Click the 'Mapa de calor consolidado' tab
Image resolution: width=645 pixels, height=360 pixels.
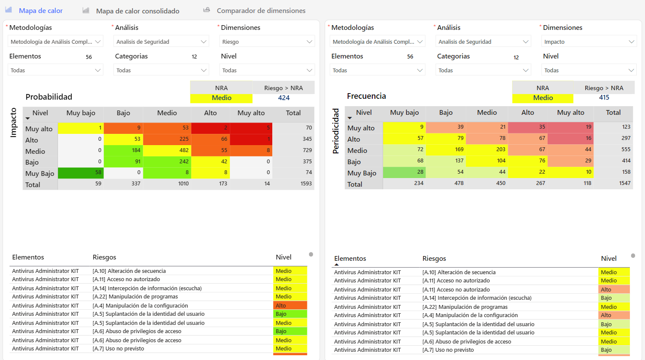pos(137,11)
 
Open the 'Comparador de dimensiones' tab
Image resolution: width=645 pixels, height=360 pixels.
pos(261,10)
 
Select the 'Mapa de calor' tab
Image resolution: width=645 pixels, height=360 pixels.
pos(40,10)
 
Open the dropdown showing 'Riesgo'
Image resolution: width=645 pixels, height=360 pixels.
pos(267,42)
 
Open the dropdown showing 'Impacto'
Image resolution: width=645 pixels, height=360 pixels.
pos(589,42)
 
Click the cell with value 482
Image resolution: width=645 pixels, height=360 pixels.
pos(167,150)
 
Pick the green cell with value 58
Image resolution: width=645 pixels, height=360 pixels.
pos(80,172)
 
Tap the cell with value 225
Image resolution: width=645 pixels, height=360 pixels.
pos(167,139)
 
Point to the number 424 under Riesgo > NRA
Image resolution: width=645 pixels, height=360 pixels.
pos(284,98)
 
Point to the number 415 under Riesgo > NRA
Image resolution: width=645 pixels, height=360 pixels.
pos(604,97)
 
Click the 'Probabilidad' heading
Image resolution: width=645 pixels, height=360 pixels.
pos(49,97)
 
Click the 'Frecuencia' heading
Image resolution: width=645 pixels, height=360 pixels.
pos(366,96)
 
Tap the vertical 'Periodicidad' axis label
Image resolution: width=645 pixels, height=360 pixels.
pos(336,131)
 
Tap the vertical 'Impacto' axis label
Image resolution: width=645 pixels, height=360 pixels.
pos(13,123)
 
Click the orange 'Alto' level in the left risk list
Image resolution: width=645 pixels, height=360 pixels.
pos(290,305)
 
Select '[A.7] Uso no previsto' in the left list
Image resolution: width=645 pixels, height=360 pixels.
pos(118,349)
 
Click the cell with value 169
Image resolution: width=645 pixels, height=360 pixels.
pos(446,149)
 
